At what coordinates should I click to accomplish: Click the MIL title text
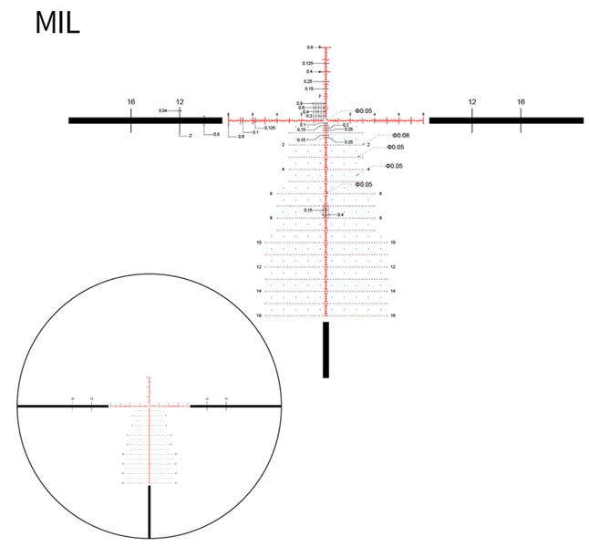tap(57, 22)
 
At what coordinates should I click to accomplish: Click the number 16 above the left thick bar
tap(131, 102)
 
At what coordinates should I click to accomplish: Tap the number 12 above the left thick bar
tap(180, 102)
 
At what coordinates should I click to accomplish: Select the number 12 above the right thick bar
tap(472, 102)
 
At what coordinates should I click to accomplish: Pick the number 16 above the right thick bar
tap(521, 102)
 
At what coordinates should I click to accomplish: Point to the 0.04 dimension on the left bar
tap(161, 110)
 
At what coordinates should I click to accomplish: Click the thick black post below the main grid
tap(325, 349)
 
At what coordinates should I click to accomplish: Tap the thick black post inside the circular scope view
tap(150, 512)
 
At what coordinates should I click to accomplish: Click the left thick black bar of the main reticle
tap(146, 119)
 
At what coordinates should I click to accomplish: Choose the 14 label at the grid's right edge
tap(393, 291)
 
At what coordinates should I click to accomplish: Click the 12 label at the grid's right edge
tap(393, 266)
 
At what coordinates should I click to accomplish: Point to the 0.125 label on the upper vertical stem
tap(308, 63)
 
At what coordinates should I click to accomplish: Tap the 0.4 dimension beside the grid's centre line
tap(340, 214)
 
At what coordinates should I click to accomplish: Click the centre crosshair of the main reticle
tap(325, 119)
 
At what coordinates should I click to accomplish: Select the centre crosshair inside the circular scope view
tap(150, 405)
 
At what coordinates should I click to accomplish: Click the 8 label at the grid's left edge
tap(271, 218)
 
